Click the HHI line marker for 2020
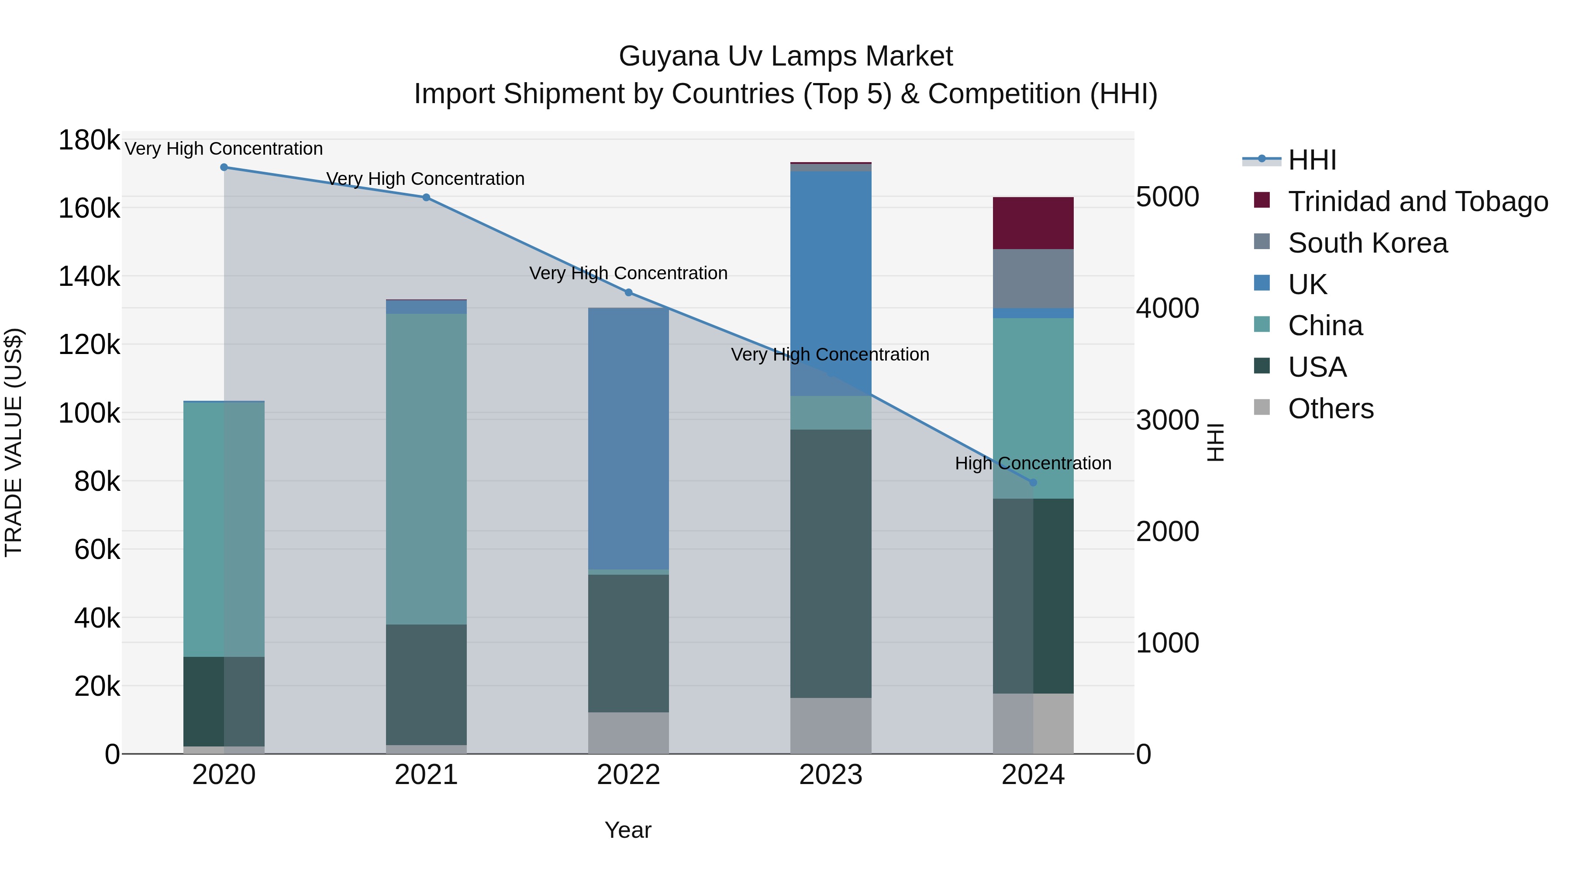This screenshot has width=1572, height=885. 224,167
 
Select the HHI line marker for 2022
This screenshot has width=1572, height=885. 628,292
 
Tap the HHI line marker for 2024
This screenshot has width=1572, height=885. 1033,482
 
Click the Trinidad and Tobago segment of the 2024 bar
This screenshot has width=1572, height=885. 1033,223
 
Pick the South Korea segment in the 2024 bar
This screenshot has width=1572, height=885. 1033,278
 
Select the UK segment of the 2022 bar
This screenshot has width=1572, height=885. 628,438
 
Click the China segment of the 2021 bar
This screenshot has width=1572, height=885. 426,469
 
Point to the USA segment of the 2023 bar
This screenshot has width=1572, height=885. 831,564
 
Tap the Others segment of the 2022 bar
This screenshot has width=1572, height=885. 628,733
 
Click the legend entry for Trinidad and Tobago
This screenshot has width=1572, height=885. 1417,201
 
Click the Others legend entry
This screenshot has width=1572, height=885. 1331,409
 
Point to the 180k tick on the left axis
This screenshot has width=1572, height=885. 89,140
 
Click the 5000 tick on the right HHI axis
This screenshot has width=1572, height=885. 1167,197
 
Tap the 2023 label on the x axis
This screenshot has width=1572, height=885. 831,775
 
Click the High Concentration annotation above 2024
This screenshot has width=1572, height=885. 1033,464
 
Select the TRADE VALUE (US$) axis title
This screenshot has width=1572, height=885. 14,442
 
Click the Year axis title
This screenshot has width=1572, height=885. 628,830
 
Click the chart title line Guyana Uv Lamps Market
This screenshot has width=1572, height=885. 786,56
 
